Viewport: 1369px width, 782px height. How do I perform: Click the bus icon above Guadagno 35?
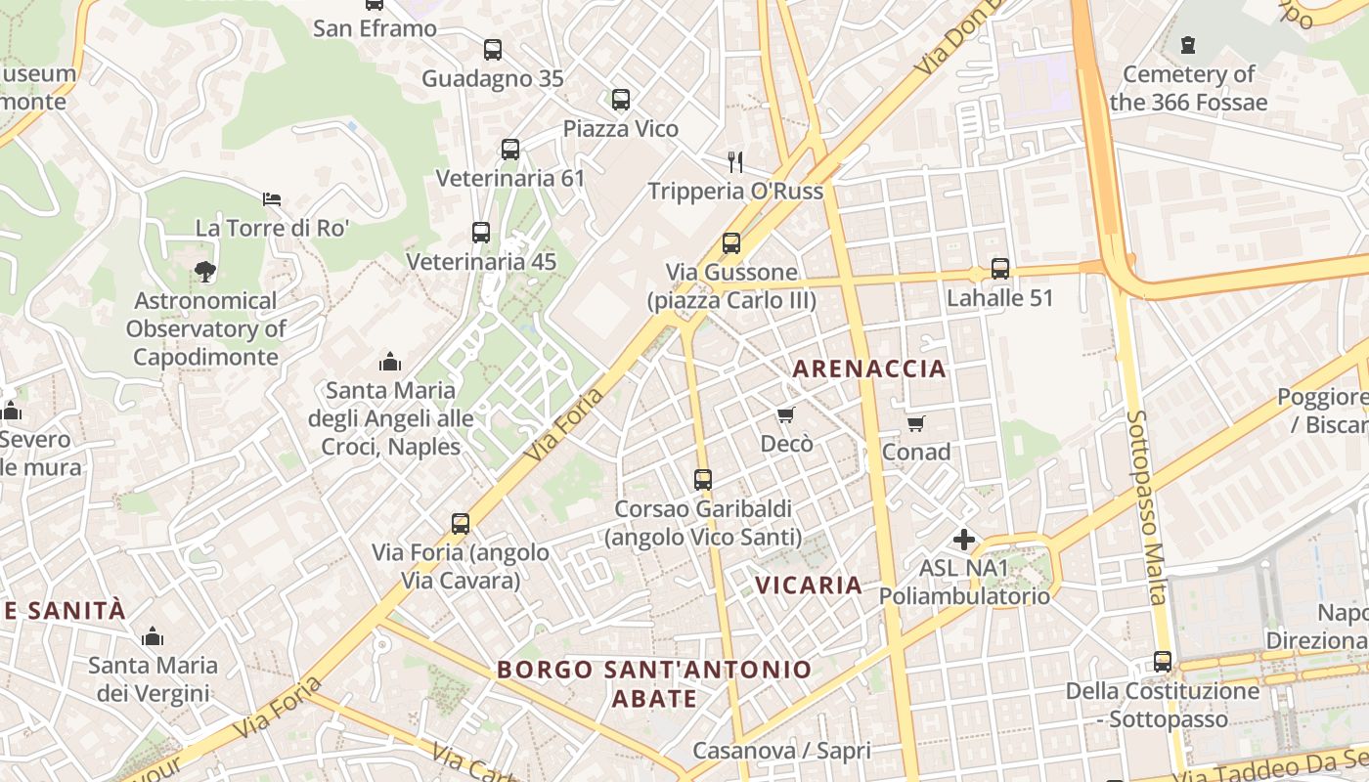(x=493, y=50)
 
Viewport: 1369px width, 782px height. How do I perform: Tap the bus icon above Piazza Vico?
(x=621, y=100)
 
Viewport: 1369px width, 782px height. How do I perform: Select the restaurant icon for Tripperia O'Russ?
(x=735, y=161)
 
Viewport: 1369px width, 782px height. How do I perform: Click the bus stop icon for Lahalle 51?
(x=999, y=269)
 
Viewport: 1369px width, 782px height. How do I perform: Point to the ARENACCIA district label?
(x=869, y=369)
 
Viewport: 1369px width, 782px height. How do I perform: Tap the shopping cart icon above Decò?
(x=786, y=415)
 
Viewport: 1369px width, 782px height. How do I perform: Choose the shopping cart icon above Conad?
(x=915, y=423)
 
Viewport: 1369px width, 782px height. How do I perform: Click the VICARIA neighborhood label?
(x=809, y=586)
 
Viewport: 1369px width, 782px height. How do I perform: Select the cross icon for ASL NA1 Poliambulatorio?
(x=964, y=539)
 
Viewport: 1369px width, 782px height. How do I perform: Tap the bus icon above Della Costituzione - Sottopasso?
(x=1163, y=662)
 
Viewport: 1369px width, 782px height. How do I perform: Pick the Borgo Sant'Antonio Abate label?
(x=654, y=683)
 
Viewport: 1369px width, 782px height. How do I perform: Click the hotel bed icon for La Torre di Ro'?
(x=272, y=199)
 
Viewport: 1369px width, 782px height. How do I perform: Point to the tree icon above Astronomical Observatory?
(x=205, y=271)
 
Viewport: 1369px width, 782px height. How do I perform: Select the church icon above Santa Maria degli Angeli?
(x=390, y=362)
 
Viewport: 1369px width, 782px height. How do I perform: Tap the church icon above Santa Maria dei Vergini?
(x=153, y=637)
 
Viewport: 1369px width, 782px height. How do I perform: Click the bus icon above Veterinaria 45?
(x=481, y=233)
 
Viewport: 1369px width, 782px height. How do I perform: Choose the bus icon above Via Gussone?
(x=731, y=243)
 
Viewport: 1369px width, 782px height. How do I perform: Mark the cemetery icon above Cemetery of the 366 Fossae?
(x=1188, y=45)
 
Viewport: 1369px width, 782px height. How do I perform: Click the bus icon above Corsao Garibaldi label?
(x=703, y=480)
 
